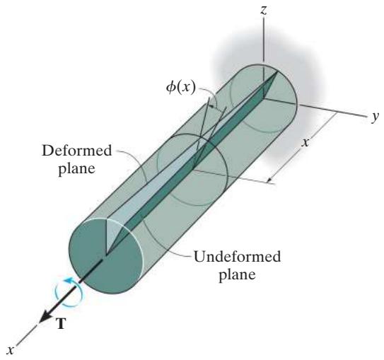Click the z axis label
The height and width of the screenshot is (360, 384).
point(264,11)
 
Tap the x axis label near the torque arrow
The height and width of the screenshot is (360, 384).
point(10,350)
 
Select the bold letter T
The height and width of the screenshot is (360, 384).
point(61,323)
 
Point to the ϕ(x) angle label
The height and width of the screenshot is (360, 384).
point(181,87)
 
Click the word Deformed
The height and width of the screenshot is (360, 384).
point(76,151)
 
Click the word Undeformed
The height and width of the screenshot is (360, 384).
point(237,257)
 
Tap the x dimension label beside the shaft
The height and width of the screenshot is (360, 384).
point(305,142)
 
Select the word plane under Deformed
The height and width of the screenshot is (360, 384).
point(76,168)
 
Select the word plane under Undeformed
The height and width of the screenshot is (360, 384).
point(237,274)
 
